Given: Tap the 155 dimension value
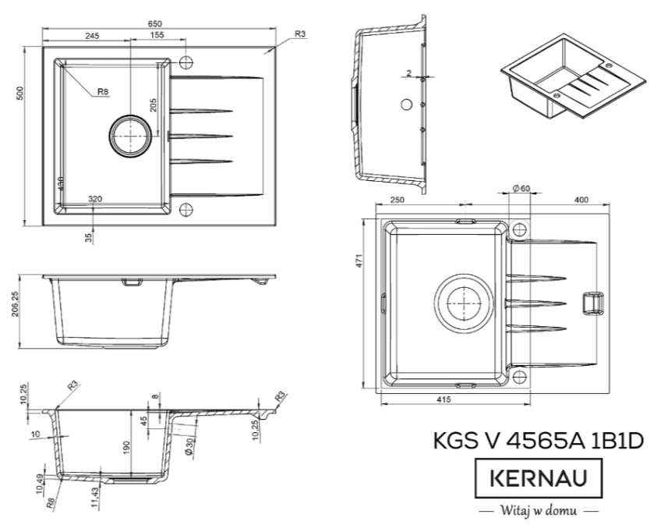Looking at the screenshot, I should [156, 36].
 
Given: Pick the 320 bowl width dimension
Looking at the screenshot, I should [95, 200].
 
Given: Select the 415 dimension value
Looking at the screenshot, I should [444, 399].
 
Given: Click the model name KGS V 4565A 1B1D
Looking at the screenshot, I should [539, 441].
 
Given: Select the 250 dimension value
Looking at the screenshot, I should [397, 200].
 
